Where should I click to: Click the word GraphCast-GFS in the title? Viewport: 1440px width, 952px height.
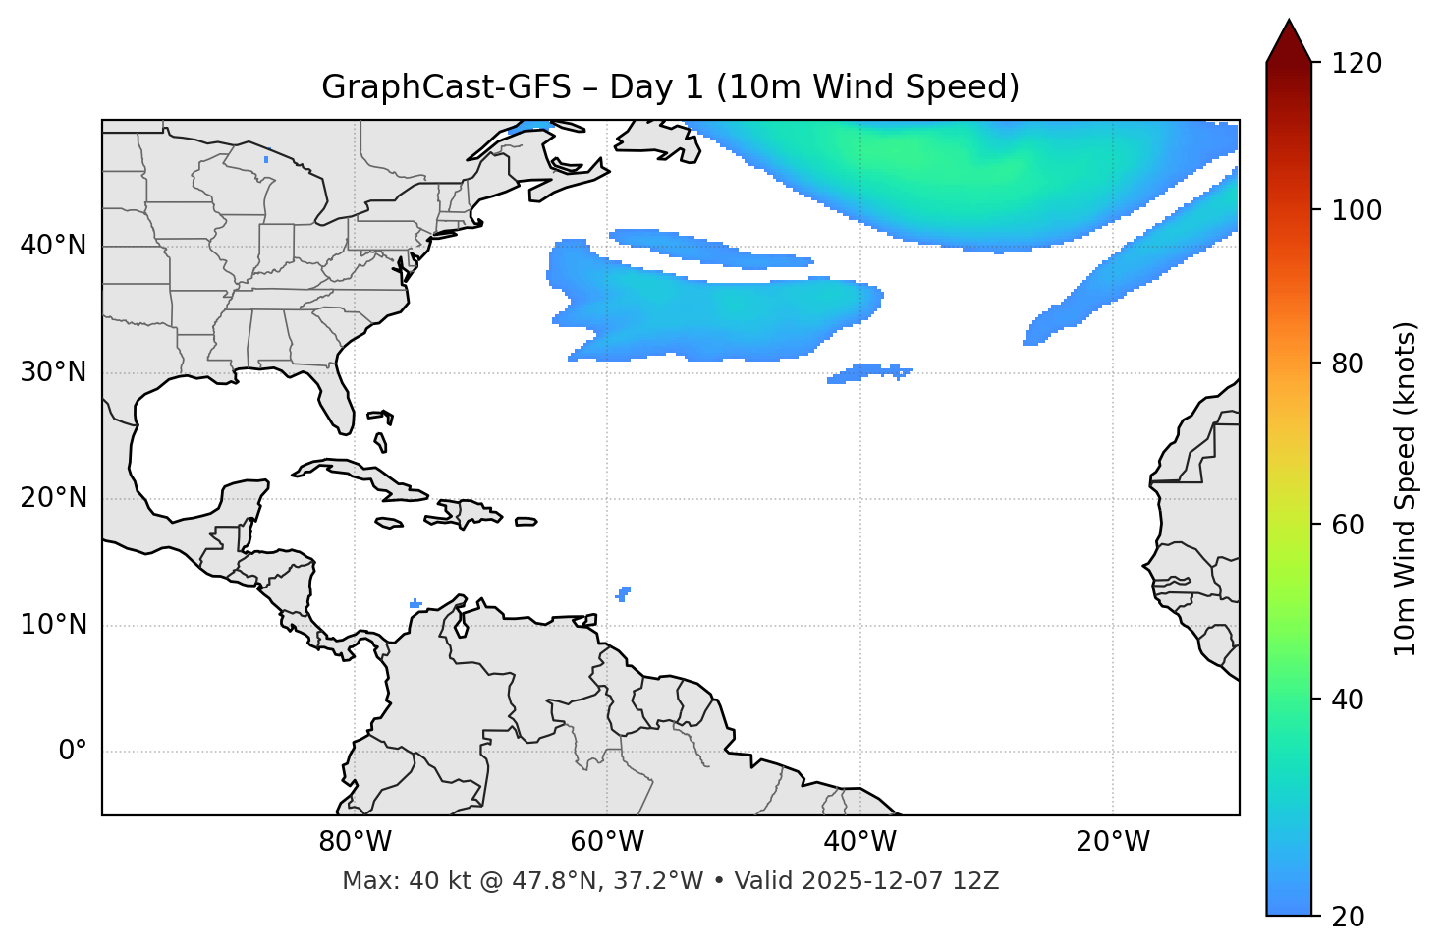tap(446, 87)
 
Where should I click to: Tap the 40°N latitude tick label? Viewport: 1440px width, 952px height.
tap(53, 246)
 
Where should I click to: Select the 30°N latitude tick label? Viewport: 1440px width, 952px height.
tap(53, 372)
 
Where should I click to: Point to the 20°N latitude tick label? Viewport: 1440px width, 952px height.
tap(53, 498)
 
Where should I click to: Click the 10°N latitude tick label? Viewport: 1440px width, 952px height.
tap(53, 625)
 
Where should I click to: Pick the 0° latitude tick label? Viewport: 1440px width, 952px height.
tap(73, 752)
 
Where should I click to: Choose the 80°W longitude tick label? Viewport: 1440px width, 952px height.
tap(355, 842)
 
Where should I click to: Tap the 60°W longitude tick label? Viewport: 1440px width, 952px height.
tap(607, 842)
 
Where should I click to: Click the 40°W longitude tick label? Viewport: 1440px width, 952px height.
tap(859, 842)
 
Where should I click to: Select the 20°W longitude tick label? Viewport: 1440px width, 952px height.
tap(1112, 842)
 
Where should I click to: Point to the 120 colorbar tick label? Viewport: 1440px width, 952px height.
tap(1357, 64)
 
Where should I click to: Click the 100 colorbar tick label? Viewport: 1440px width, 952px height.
tap(1357, 210)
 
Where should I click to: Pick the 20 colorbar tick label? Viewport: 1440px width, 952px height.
tap(1349, 917)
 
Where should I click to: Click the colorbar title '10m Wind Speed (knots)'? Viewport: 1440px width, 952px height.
tap(1406, 488)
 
